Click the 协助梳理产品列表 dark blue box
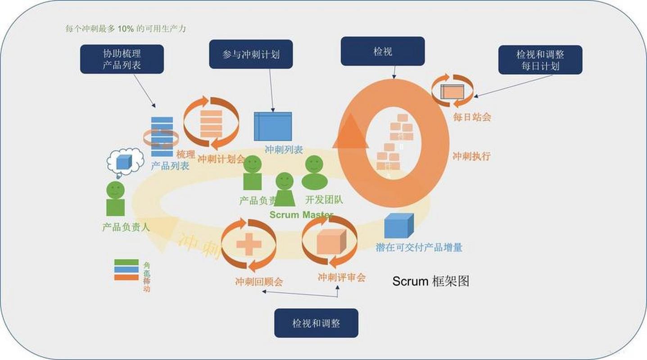122,59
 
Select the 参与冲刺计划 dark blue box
251,54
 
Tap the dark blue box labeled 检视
383,51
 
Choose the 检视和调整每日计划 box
540,60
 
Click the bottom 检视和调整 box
316,323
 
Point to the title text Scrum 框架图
431,281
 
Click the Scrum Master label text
301,215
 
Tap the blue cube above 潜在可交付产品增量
398,225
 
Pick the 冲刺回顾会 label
259,282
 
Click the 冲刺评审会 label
341,277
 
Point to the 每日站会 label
472,117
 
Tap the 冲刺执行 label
471,156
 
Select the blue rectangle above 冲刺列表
273,126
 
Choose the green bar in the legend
127,262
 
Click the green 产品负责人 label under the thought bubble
126,227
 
